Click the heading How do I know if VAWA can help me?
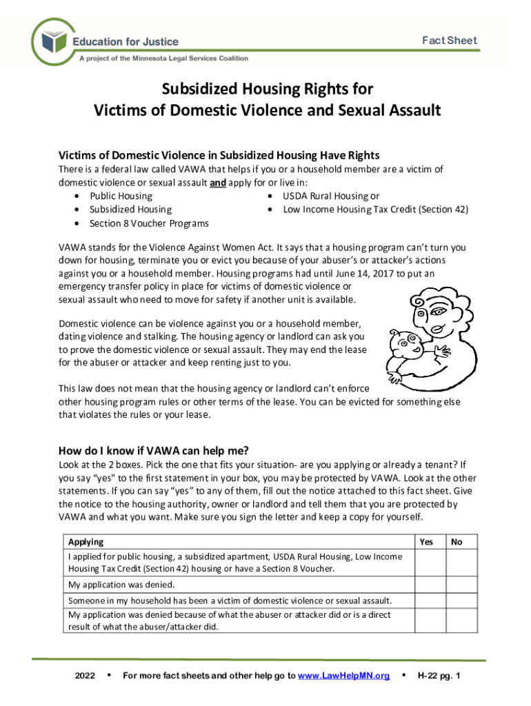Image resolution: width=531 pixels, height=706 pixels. click(x=154, y=452)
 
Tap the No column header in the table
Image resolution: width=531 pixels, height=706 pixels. click(x=457, y=542)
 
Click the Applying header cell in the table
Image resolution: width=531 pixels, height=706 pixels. click(x=86, y=542)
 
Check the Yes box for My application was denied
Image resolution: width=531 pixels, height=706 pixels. click(x=430, y=585)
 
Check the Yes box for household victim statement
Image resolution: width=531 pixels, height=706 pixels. click(x=430, y=601)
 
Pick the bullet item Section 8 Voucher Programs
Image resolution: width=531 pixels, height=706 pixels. click(x=149, y=223)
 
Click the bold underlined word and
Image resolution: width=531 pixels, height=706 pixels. click(x=217, y=183)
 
